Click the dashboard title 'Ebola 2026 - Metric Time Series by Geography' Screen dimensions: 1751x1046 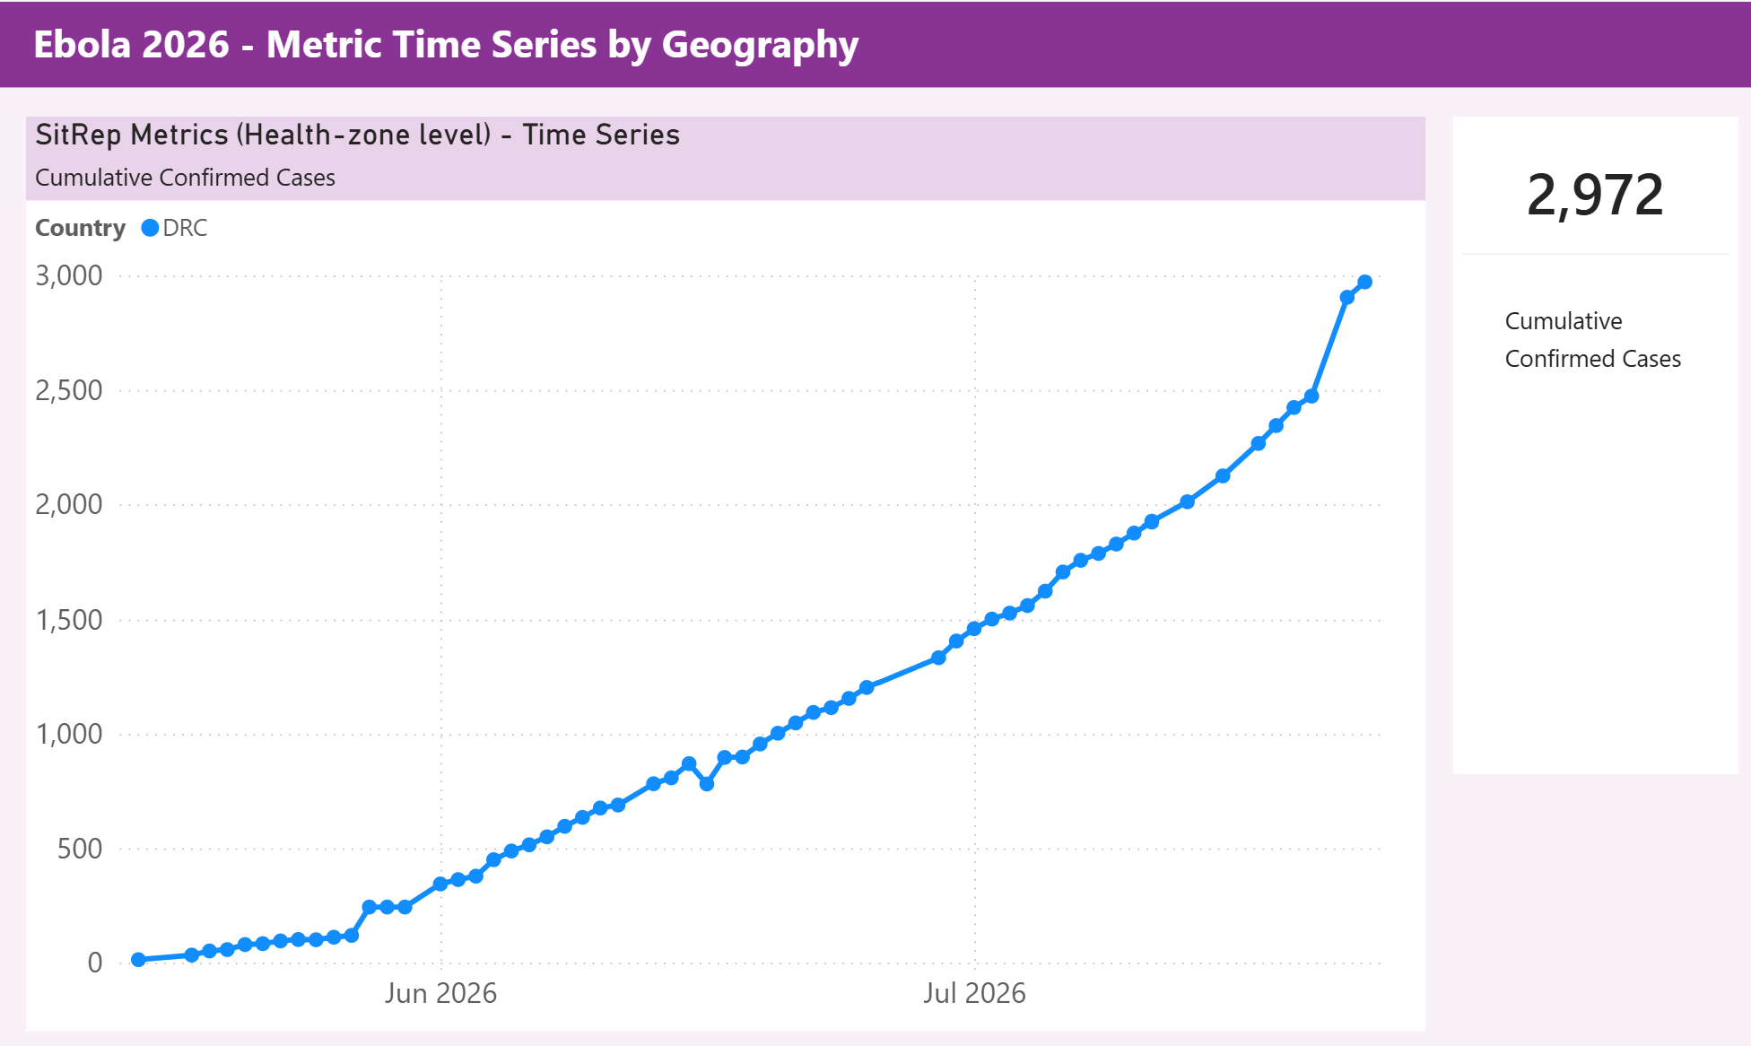[x=446, y=45]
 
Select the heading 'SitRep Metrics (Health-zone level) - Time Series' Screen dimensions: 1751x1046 [x=357, y=135]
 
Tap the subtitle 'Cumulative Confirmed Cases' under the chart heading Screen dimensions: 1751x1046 [x=185, y=178]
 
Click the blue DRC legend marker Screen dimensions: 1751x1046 [x=150, y=228]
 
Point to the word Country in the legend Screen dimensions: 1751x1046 [x=80, y=228]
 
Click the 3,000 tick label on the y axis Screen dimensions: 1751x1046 [x=69, y=275]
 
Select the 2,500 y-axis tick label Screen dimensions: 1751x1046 [x=69, y=390]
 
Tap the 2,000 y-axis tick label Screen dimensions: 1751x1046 [x=69, y=504]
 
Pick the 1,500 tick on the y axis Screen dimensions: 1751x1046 [x=69, y=620]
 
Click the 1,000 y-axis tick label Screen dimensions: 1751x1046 [x=69, y=734]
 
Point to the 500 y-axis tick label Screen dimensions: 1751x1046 [x=80, y=849]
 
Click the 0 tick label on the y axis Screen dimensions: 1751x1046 [x=95, y=963]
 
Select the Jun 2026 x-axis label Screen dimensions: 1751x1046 [x=440, y=993]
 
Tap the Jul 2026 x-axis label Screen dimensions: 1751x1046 [x=974, y=993]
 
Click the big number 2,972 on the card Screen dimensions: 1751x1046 [x=1595, y=195]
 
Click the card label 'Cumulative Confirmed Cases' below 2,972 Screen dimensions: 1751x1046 [x=1593, y=340]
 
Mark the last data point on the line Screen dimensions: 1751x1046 [x=1365, y=282]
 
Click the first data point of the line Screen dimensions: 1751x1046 [x=138, y=959]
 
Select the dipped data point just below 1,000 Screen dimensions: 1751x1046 [x=707, y=783]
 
